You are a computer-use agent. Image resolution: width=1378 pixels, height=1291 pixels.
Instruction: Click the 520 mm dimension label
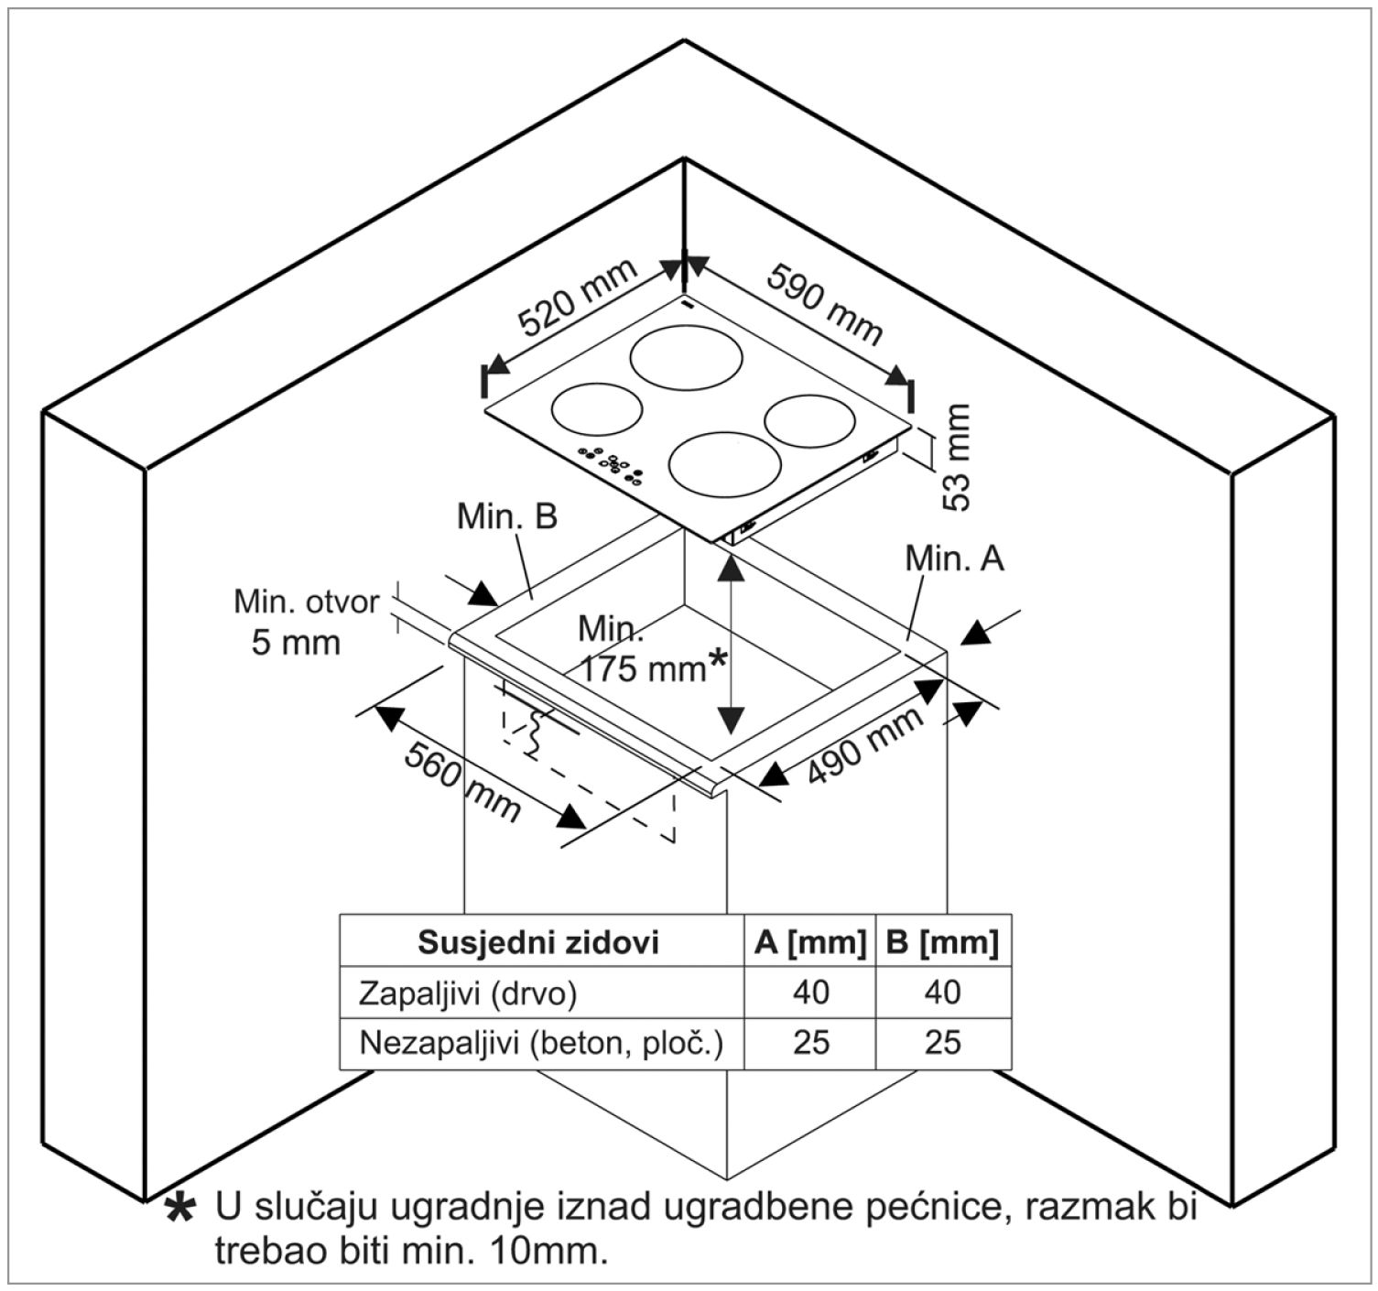[577, 298]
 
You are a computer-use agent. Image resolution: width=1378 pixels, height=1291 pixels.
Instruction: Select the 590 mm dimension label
[825, 305]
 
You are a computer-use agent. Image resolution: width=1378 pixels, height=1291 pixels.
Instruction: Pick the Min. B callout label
[506, 516]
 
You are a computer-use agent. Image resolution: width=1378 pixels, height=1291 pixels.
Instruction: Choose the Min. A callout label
[954, 558]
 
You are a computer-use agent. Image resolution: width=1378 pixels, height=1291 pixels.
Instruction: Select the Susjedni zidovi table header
[538, 942]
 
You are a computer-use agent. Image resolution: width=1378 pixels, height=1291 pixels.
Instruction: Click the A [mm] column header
[810, 942]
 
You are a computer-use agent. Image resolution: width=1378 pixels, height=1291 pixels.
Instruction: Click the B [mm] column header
[942, 942]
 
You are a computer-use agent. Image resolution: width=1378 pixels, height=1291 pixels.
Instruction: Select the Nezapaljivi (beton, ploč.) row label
[540, 1043]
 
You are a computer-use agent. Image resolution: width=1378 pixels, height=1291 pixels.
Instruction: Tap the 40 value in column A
[810, 993]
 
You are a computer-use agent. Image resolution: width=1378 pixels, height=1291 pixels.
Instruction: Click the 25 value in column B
[942, 1043]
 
